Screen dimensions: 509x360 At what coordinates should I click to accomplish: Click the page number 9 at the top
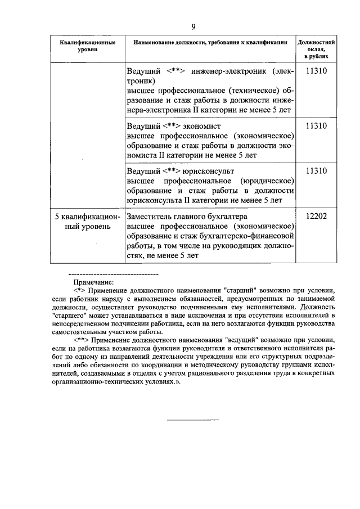coord(193,27)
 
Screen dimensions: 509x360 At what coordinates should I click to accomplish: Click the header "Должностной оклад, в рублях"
coord(316,49)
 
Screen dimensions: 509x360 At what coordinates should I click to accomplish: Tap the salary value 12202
coord(316,216)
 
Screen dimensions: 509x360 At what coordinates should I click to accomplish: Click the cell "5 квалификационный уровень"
coord(88,221)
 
